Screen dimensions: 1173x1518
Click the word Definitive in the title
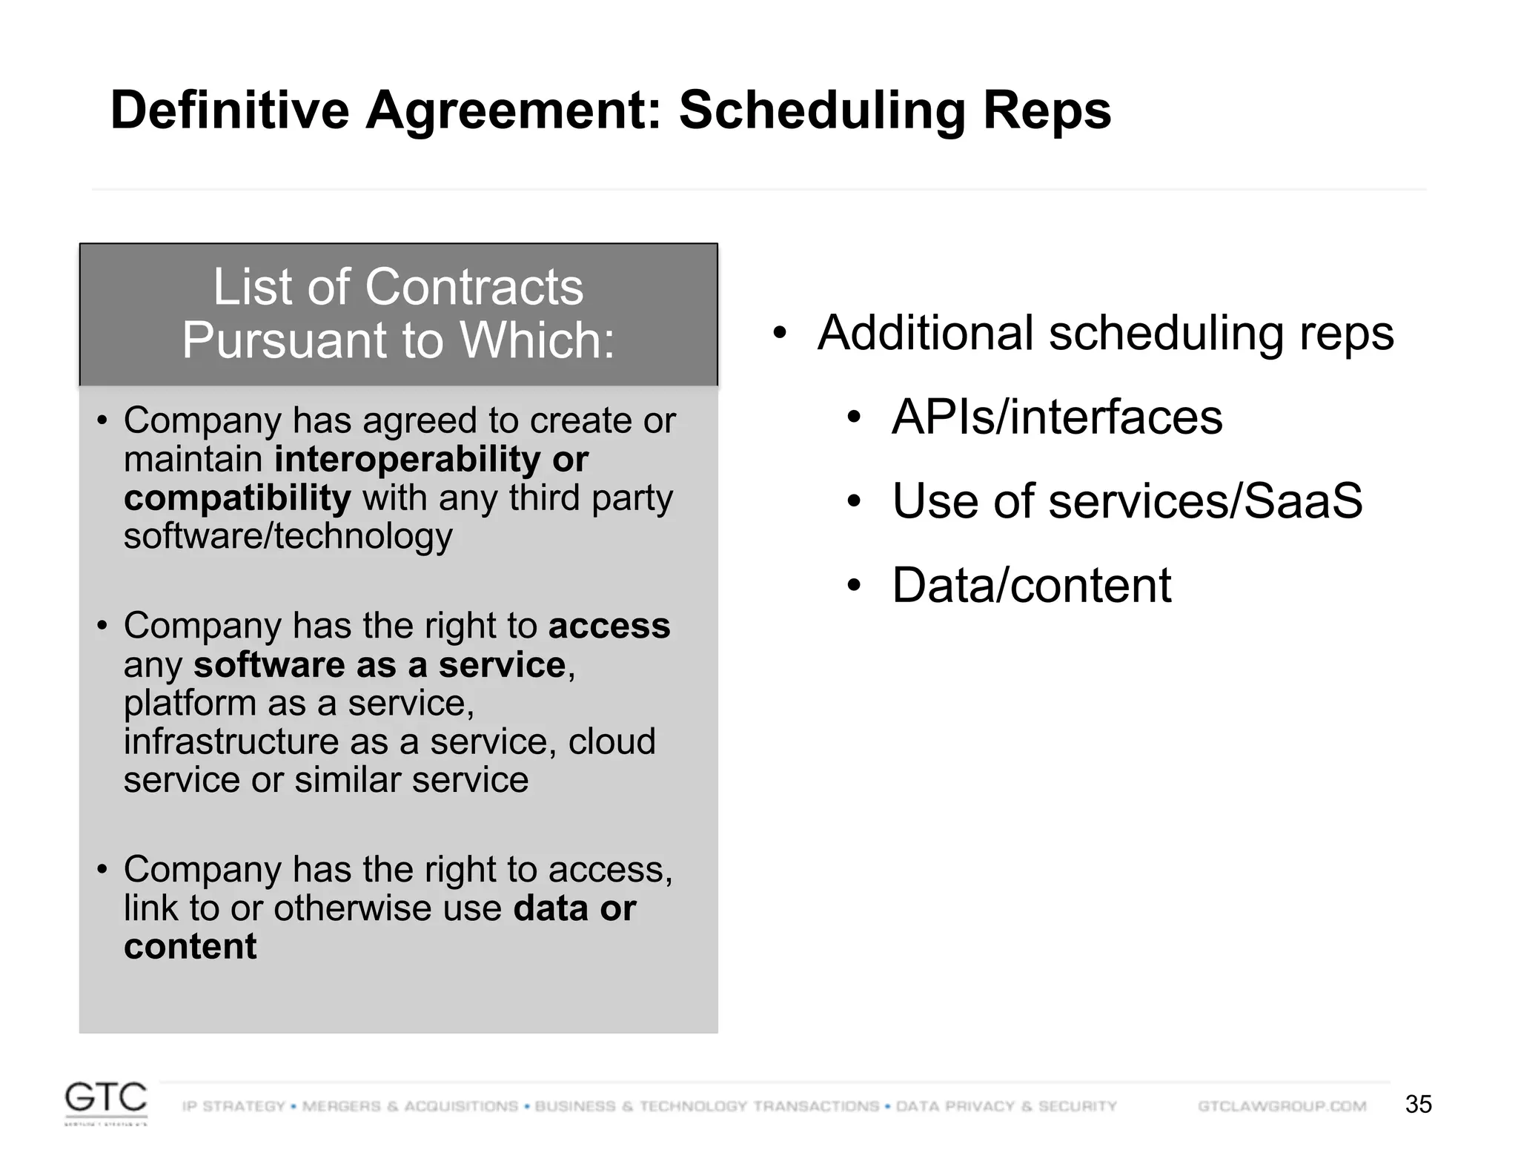pyautogui.click(x=229, y=110)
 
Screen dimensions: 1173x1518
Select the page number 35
pyautogui.click(x=1418, y=1104)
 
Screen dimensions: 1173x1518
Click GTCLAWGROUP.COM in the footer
pyautogui.click(x=1282, y=1106)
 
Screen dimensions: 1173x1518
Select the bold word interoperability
pyautogui.click(x=407, y=459)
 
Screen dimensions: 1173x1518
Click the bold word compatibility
pyautogui.click(x=237, y=498)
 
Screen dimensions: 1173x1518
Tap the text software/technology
pyautogui.click(x=288, y=536)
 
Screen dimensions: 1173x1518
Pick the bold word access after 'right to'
pyautogui.click(x=609, y=626)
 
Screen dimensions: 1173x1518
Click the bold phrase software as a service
pyautogui.click(x=379, y=665)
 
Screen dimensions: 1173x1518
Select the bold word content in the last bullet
pyautogui.click(x=190, y=947)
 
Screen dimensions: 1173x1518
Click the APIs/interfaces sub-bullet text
pyautogui.click(x=1056, y=417)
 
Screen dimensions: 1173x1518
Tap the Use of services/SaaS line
pyautogui.click(x=1127, y=501)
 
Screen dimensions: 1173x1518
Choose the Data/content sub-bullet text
pyautogui.click(x=1031, y=586)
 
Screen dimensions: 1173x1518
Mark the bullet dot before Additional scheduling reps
pyautogui.click(x=779, y=333)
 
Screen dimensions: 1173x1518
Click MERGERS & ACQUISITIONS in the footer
pyautogui.click(x=410, y=1106)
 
